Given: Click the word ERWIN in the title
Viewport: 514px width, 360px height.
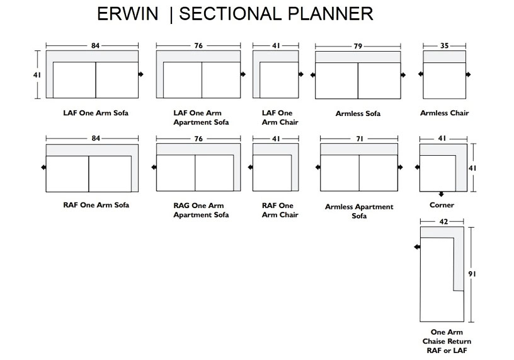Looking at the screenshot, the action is (x=127, y=14).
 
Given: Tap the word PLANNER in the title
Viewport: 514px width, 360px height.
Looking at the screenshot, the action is (x=330, y=14).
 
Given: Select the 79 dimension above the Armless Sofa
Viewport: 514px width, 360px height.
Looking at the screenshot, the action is (x=358, y=46).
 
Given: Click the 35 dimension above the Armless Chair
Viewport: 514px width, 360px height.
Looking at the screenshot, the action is (x=444, y=45).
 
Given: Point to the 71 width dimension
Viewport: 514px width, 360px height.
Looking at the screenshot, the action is (x=360, y=139).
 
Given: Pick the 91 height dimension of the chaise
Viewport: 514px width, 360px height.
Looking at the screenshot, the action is (x=472, y=274).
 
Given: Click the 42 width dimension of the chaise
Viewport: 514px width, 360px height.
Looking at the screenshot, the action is (x=443, y=222).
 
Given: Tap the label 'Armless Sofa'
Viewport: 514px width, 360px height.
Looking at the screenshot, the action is (x=358, y=113).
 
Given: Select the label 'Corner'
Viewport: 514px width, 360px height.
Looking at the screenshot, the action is (x=442, y=205).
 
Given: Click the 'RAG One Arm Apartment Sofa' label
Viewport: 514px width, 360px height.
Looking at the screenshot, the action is (x=201, y=210).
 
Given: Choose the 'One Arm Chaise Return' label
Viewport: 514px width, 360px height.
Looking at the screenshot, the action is (x=447, y=337).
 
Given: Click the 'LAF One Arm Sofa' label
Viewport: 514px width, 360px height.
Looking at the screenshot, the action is (x=96, y=113).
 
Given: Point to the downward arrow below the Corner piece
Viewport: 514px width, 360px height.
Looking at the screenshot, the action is (x=441, y=194).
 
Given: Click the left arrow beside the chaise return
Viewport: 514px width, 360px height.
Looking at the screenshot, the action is (x=417, y=247).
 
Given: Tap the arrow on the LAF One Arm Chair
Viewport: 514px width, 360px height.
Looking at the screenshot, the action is (x=301, y=74).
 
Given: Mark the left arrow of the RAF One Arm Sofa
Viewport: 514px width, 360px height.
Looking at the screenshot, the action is (x=43, y=167).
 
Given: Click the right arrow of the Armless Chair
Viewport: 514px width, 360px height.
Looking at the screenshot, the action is (x=468, y=74).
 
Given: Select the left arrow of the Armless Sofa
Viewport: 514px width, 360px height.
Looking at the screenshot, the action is (x=312, y=75).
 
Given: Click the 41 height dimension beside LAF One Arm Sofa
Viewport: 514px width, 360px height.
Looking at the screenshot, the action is (x=37, y=75).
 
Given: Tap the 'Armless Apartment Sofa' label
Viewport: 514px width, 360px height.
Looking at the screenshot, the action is (x=359, y=211).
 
